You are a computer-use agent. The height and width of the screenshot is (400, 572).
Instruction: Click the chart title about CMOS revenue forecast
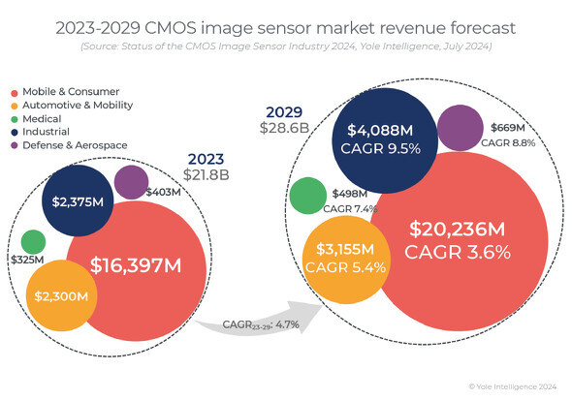(285, 25)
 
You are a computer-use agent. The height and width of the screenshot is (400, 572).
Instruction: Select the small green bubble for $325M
(33, 241)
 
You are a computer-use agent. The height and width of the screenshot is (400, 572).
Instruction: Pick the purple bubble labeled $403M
(131, 181)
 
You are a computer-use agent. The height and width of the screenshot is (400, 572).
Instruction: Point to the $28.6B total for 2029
(283, 127)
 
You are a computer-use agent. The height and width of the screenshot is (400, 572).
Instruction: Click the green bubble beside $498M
(306, 195)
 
